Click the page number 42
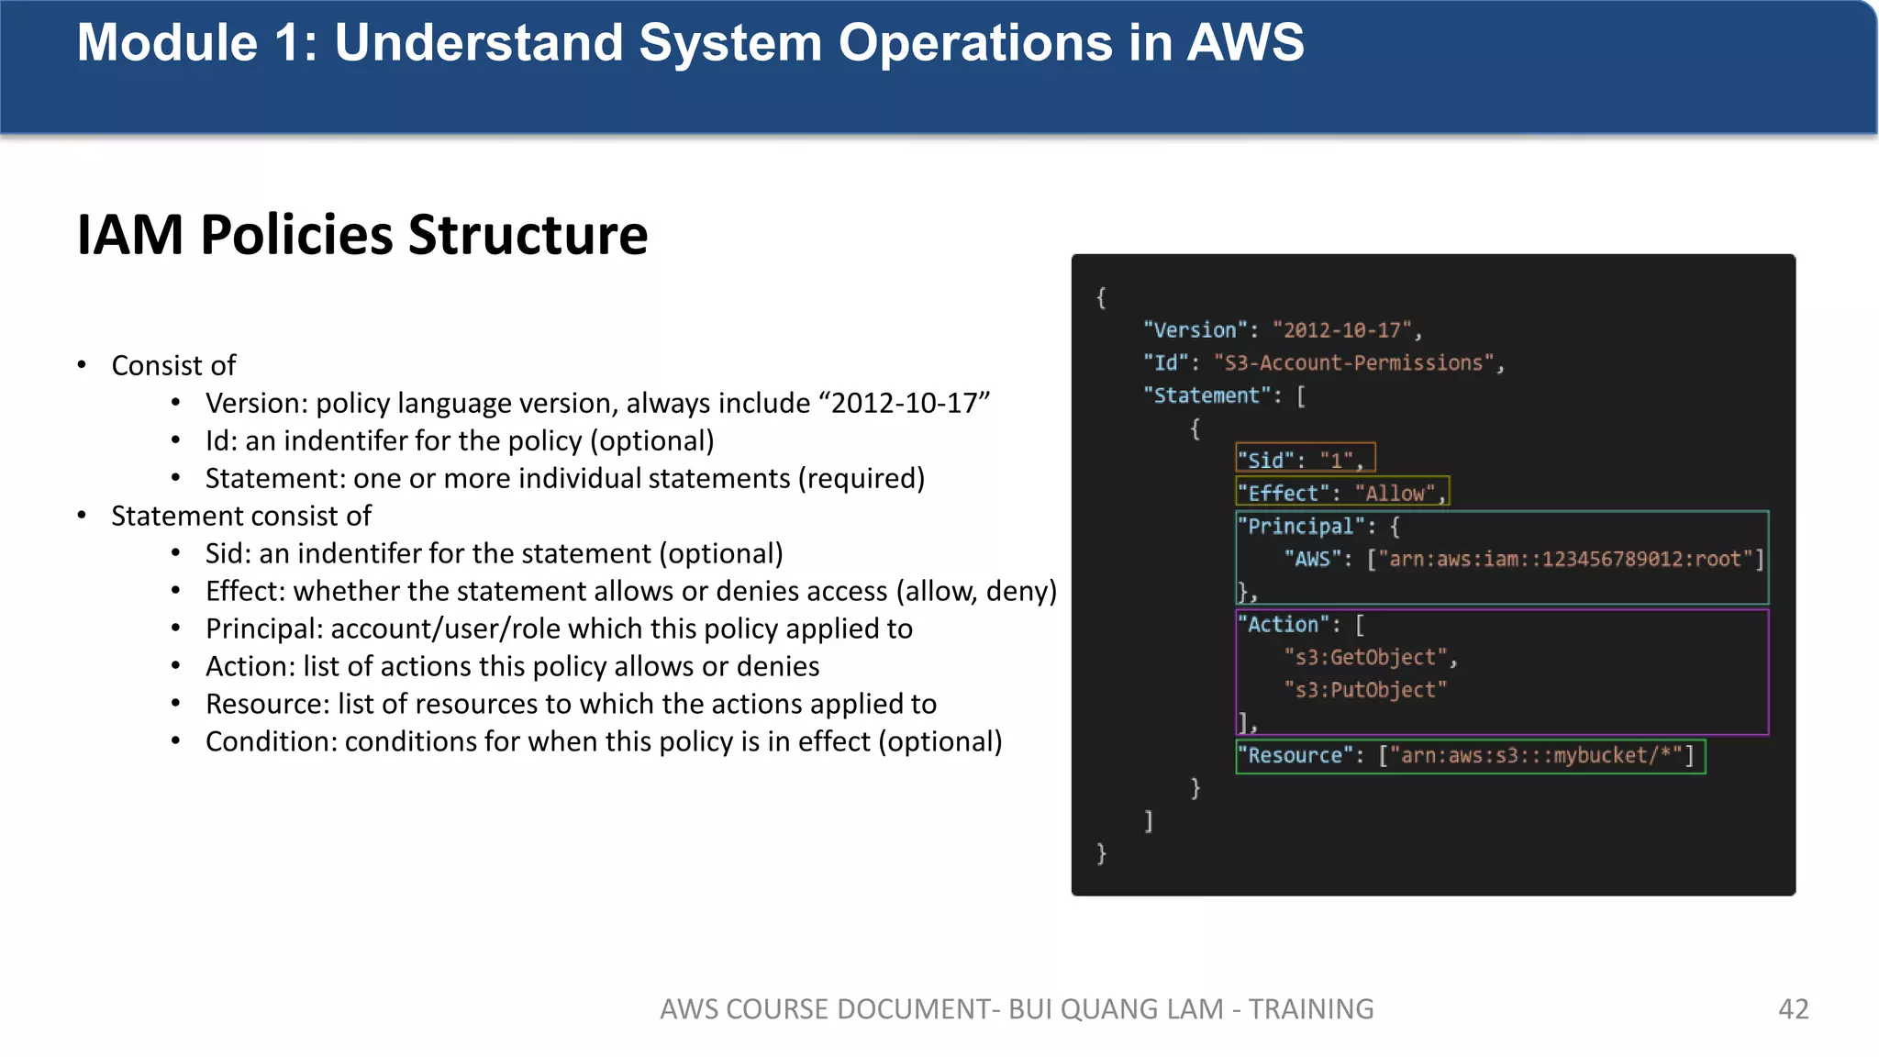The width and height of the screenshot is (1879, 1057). (x=1793, y=1009)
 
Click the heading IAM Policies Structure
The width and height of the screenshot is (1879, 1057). (x=362, y=235)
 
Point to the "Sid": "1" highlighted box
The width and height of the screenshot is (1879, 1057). (x=1305, y=459)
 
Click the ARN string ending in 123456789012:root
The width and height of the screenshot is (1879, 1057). (x=1565, y=560)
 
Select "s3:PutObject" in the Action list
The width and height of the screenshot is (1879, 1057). (x=1365, y=690)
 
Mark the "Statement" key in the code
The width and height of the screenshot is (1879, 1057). (x=1206, y=395)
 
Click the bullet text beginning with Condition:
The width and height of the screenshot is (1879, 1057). (x=603, y=741)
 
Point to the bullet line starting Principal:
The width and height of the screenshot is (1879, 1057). (x=559, y=629)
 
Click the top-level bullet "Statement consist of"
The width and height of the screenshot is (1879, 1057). (x=241, y=516)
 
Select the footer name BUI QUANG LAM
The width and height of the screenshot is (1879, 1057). (x=1116, y=1009)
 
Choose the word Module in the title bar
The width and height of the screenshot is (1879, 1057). (x=167, y=42)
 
